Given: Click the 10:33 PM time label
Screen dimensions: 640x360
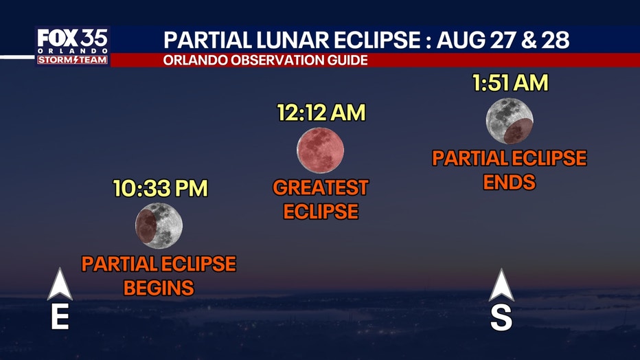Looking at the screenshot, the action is click(x=161, y=188).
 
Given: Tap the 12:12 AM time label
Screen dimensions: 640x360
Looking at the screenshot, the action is click(x=321, y=112).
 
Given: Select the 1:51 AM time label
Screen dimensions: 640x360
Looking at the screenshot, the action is click(x=510, y=82).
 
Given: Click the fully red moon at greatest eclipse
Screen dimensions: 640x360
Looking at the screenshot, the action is click(x=321, y=150).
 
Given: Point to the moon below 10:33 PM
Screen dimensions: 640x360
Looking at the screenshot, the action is click(x=159, y=226).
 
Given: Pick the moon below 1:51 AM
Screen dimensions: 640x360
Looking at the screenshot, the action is click(x=510, y=121).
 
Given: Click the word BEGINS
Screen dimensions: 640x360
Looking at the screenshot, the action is click(x=159, y=288).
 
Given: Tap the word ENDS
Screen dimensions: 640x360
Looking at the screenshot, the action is click(x=509, y=182).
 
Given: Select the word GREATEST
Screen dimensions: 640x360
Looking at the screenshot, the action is click(x=321, y=188).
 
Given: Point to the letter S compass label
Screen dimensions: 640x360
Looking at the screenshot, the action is click(x=501, y=317).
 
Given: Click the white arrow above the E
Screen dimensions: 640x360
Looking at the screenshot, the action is click(x=60, y=284).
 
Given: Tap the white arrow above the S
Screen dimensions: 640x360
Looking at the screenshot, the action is click(x=501, y=285).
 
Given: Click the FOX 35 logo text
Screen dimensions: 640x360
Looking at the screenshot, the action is click(x=73, y=38).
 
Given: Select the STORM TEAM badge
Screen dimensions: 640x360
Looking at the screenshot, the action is click(x=73, y=60).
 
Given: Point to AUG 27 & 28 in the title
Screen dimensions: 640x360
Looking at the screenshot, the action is click(x=503, y=40).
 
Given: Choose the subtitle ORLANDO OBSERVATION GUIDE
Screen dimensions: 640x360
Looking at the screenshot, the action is click(x=266, y=60).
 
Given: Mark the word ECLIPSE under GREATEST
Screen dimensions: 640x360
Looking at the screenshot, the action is click(x=321, y=212).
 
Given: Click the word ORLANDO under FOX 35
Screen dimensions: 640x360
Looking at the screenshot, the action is click(x=73, y=51).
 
